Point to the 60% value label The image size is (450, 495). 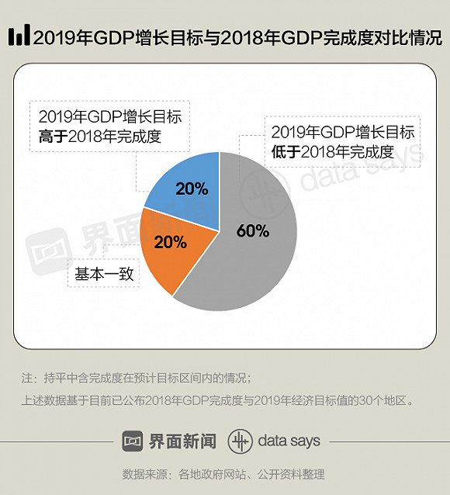click(x=253, y=230)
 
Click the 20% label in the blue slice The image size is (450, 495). click(x=192, y=189)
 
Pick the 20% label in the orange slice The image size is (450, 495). click(x=171, y=241)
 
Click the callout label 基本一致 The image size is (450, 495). click(x=103, y=273)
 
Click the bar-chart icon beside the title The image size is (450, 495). click(x=19, y=36)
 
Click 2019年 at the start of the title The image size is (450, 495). click(x=57, y=36)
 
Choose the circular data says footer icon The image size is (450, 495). click(x=240, y=441)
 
